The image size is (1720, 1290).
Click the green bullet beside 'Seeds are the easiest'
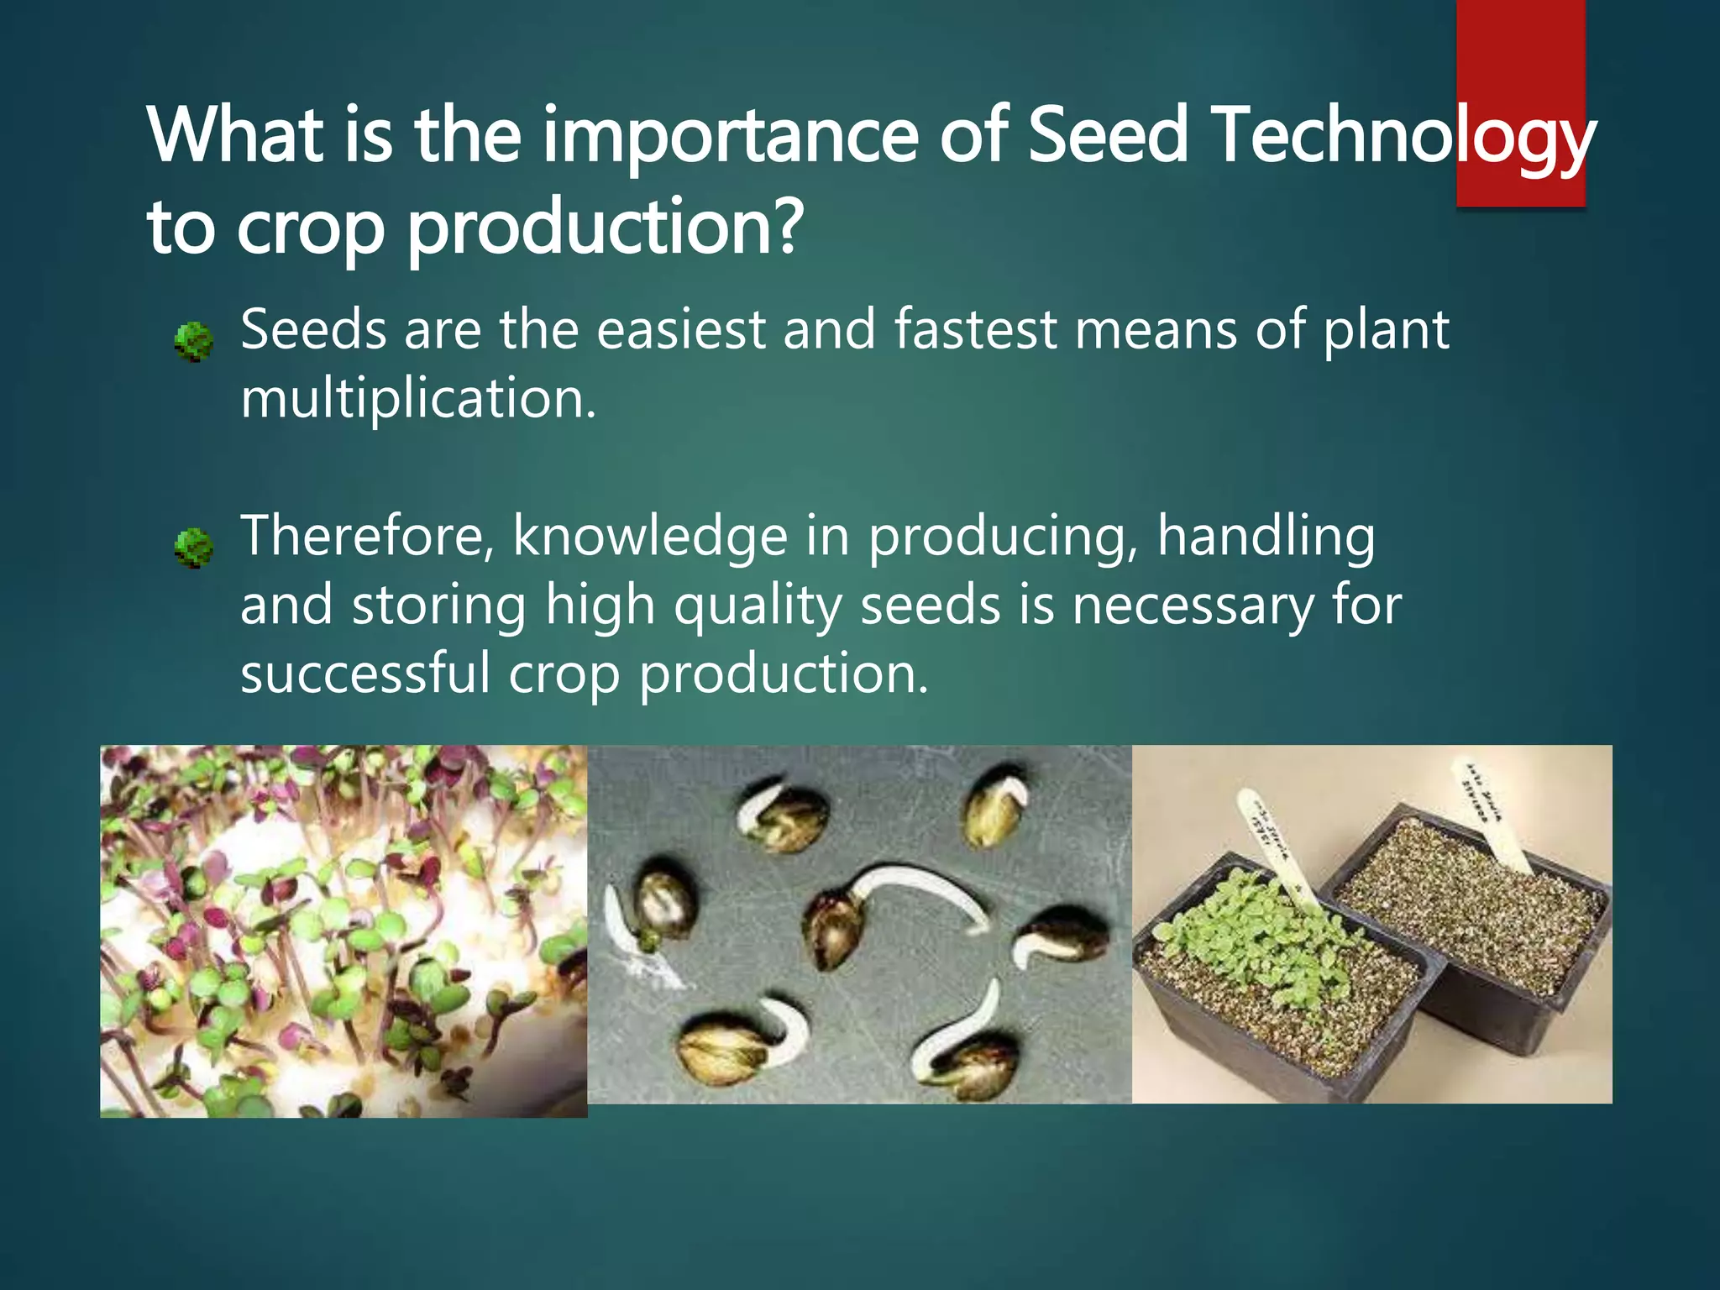(193, 342)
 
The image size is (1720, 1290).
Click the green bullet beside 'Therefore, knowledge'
(193, 548)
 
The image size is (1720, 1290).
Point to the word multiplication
(418, 398)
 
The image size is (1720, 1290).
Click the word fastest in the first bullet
(974, 329)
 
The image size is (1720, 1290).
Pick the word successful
(364, 674)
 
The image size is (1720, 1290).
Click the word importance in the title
(730, 136)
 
